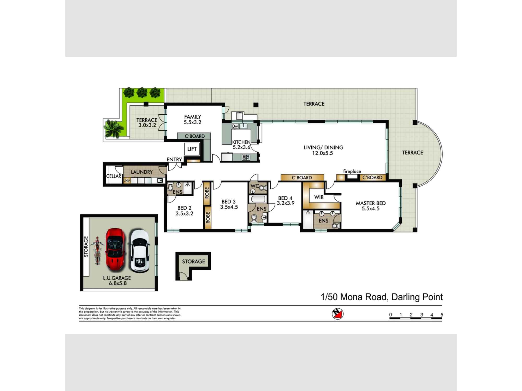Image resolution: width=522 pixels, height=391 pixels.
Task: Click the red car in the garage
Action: tap(115, 250)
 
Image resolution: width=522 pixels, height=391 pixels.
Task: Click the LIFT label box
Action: tap(192, 149)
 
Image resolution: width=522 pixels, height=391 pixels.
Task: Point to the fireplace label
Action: tap(352, 171)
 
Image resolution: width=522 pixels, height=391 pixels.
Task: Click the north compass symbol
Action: tap(338, 314)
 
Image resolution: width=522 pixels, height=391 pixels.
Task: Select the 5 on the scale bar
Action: tap(442, 315)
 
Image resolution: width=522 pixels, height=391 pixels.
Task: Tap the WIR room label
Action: tap(319, 197)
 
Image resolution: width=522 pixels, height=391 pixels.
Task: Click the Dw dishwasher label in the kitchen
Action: tap(235, 126)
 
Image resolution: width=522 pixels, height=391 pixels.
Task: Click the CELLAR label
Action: tap(114, 176)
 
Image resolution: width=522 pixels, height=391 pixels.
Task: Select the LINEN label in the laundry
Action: tap(127, 180)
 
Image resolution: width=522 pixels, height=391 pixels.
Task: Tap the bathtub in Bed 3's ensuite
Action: tap(258, 199)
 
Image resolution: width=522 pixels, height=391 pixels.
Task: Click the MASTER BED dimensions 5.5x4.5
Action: tap(370, 209)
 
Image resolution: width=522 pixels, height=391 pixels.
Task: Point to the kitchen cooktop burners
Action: tap(246, 157)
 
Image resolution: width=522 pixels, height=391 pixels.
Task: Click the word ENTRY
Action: tap(174, 160)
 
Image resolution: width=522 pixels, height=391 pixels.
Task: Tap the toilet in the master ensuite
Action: tap(335, 225)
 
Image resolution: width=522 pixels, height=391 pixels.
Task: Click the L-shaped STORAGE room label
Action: tap(193, 261)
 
